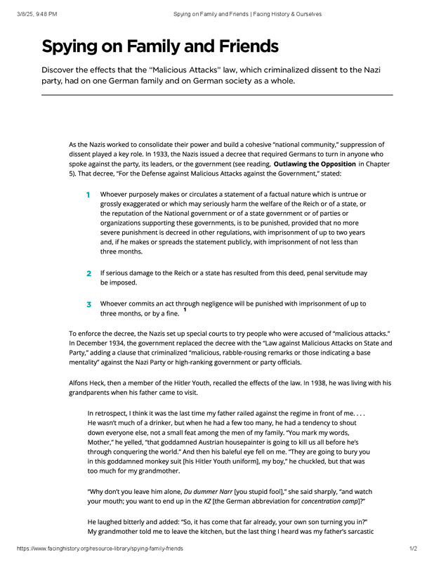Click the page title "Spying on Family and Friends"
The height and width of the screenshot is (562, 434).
[160, 47]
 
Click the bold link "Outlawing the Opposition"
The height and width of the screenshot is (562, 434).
[315, 164]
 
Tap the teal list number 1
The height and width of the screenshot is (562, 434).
[88, 194]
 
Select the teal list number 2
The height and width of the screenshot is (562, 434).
[88, 273]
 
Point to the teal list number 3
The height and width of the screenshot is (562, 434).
[88, 304]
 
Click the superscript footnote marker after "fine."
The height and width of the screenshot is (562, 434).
[185, 309]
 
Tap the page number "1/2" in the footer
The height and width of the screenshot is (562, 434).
[413, 548]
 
